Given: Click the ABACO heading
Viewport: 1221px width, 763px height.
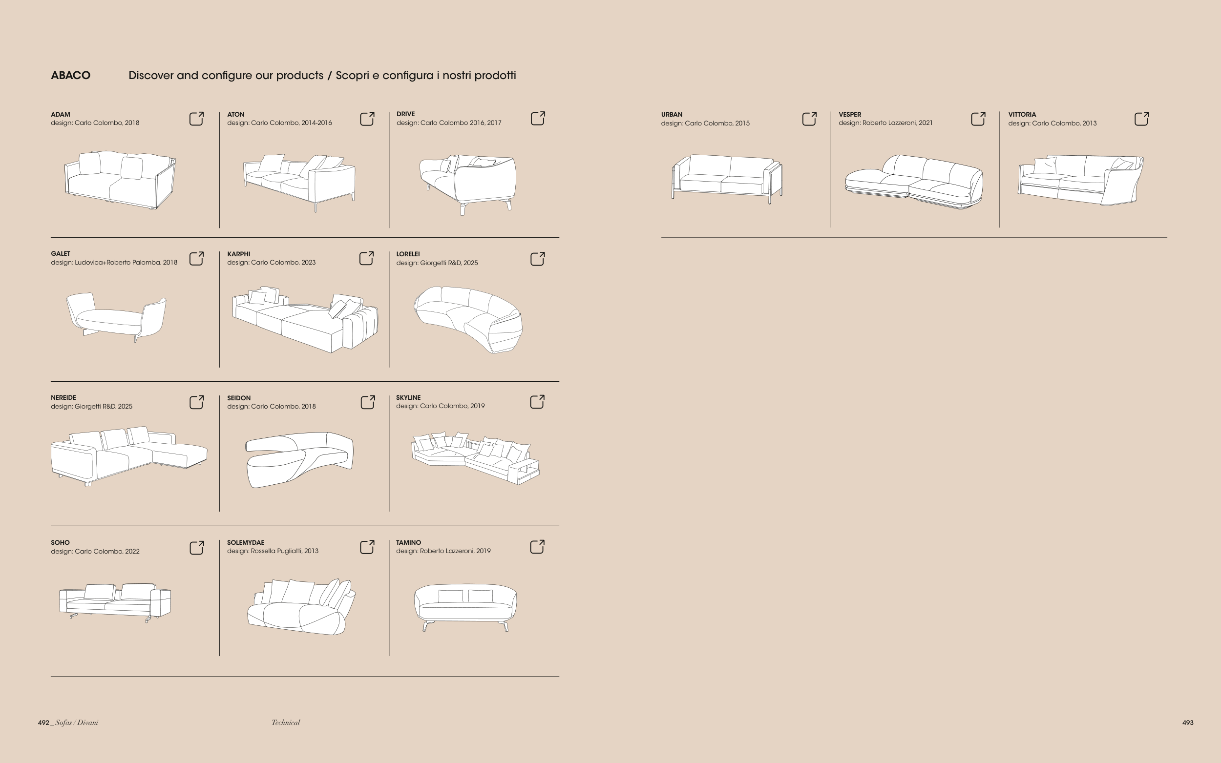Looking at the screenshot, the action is pos(71,75).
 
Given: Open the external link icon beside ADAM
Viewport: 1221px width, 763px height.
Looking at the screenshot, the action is pos(196,119).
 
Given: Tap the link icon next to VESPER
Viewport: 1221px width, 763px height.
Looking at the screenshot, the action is pos(978,119).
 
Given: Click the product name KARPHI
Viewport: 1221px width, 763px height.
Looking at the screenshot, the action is pos(239,254).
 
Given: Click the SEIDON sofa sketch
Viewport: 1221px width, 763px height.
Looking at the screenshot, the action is pos(299,460).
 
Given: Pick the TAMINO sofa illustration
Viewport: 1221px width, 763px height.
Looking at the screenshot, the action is pos(465,608).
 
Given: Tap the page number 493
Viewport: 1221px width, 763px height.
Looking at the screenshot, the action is pos(1188,722).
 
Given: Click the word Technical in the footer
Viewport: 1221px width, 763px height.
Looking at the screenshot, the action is pos(286,722).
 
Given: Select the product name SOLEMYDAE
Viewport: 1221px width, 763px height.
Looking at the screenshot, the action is pos(246,542).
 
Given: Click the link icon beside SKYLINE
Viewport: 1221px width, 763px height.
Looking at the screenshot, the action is pos(538,402).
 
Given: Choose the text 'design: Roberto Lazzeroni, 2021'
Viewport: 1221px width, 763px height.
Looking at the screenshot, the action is pos(886,123).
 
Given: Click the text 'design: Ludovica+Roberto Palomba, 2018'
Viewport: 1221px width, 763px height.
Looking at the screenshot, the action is pos(114,263).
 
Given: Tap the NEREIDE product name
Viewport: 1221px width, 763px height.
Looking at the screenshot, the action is pos(63,398).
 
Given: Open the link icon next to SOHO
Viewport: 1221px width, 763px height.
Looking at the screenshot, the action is pos(196,548).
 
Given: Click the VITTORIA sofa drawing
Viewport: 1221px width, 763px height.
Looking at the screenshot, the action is pos(1081,180).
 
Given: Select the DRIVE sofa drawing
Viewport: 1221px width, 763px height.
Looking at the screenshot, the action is pos(468,185).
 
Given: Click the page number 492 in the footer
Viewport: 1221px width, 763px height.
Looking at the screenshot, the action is pos(43,722).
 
